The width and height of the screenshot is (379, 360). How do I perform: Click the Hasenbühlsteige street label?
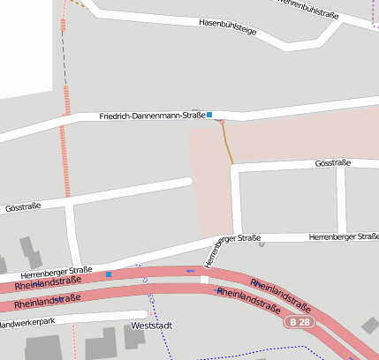(x=227, y=26)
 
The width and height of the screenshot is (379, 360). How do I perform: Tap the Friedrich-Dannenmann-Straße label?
(x=152, y=116)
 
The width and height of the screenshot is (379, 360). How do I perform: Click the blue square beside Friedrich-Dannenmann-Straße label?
(x=209, y=115)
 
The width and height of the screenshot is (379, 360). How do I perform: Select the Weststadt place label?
(x=149, y=326)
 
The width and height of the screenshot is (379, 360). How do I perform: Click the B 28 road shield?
(x=299, y=323)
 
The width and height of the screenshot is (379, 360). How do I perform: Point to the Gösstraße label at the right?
(x=333, y=163)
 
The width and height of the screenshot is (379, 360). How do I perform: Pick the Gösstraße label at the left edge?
(x=23, y=207)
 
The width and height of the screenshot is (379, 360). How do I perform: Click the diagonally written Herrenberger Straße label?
(x=213, y=255)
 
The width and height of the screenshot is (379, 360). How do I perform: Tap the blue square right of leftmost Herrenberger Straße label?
(x=109, y=274)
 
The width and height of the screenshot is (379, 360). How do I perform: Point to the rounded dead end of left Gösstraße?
(x=187, y=182)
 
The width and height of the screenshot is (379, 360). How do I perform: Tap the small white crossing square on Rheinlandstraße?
(x=205, y=280)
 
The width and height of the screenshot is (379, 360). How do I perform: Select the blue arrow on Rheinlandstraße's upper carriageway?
(x=190, y=270)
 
